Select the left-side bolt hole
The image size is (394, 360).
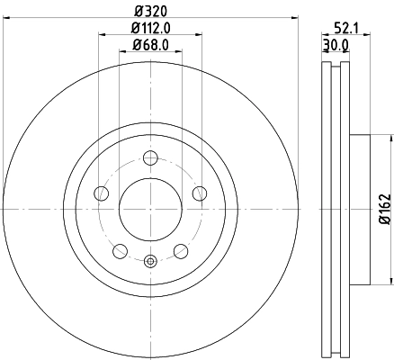(102, 193)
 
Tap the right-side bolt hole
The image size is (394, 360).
(200, 193)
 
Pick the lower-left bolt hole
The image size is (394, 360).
(120, 250)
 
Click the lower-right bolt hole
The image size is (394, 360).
(181, 250)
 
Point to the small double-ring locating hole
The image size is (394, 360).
(150, 262)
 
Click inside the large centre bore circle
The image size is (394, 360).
(150, 208)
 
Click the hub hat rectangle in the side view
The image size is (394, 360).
(357, 209)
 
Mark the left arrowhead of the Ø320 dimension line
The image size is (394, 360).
(8, 20)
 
